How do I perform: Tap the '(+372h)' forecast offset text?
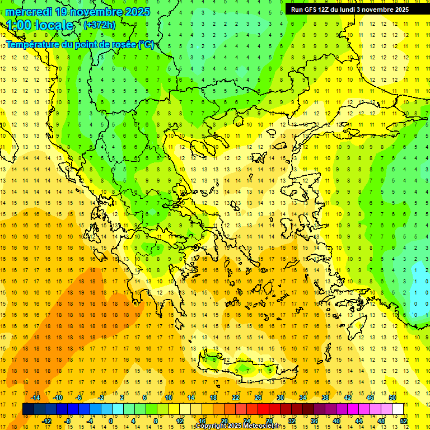[99, 25]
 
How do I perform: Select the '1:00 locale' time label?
[40, 25]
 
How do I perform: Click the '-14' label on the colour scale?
[36, 398]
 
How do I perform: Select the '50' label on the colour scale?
[392, 398]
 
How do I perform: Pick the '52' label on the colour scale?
[403, 421]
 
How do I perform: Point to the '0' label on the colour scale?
[111, 421]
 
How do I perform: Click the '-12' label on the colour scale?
[46, 421]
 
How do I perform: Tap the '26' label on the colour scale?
[258, 398]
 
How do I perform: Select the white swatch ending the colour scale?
[398, 409]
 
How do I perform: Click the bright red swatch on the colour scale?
[263, 409]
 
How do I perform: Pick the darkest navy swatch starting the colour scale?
[28, 409]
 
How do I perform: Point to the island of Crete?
[246, 370]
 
